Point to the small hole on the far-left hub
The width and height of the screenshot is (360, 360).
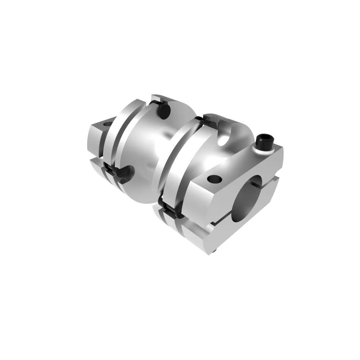click(x=107, y=123)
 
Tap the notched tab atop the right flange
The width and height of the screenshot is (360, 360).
click(x=212, y=119)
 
